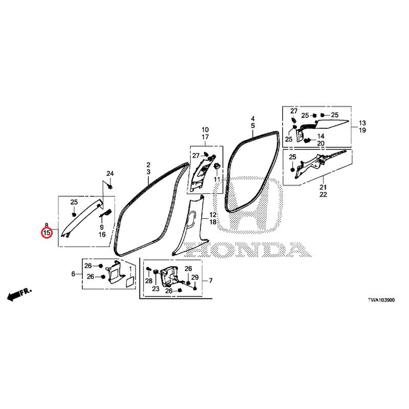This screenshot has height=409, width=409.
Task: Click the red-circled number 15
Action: coord(47,233)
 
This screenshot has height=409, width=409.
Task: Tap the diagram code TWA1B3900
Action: coord(381,300)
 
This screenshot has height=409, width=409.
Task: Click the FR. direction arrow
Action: coord(19,294)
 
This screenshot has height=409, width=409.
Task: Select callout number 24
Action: coord(110,173)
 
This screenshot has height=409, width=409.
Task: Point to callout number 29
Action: coord(195,278)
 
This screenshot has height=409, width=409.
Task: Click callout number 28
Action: coord(149,281)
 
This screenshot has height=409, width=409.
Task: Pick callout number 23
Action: coord(156,289)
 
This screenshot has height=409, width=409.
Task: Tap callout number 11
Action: coord(217,179)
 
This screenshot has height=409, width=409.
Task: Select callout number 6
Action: coord(73,274)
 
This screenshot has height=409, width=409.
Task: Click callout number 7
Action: coord(211,281)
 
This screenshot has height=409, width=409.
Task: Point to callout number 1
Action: coord(130,268)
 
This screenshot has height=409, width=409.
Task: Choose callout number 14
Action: coord(321,136)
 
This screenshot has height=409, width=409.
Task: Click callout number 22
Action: coord(323,194)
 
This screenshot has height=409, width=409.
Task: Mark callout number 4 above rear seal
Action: coord(253,119)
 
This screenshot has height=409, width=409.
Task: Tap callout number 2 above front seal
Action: coord(148,165)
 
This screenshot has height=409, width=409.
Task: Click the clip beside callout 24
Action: coord(110,187)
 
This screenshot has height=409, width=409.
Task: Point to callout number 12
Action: coord(213,215)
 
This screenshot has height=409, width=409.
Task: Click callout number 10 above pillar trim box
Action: coord(206,129)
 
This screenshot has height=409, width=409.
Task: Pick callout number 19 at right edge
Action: coord(362,130)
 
